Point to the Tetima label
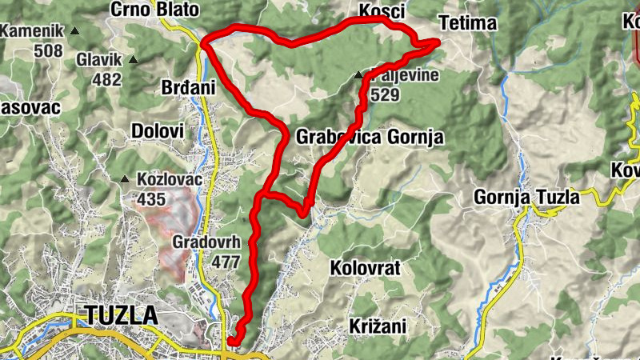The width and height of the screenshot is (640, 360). (x=468, y=22)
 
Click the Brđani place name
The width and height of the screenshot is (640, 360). (x=190, y=87)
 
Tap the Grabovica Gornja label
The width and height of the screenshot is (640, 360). (x=370, y=137)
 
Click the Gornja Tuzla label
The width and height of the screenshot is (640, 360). (x=526, y=197)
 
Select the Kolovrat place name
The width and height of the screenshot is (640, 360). (x=365, y=266)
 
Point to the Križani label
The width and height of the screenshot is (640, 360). (x=378, y=326)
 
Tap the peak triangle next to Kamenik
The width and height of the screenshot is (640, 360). (x=75, y=31)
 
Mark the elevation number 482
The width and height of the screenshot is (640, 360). (x=106, y=79)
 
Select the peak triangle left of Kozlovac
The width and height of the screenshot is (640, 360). (x=126, y=179)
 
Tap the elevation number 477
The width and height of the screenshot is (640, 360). (x=226, y=262)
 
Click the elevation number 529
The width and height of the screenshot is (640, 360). (x=385, y=95)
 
